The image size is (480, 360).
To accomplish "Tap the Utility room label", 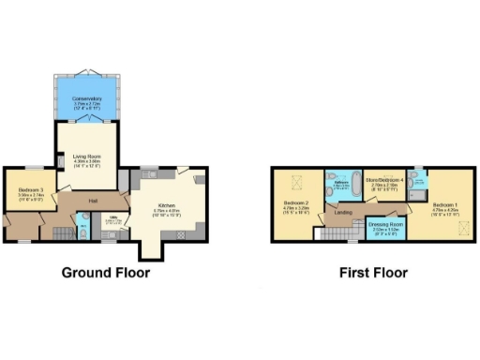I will coord(113,220).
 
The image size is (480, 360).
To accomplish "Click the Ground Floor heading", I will coord(106,274).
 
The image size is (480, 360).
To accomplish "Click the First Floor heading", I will coord(373,274).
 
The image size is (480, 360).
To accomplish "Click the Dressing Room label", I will coord(385,224).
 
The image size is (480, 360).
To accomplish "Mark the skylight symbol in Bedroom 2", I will coord(287,181).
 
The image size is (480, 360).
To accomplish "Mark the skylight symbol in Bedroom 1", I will coord(459,226).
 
